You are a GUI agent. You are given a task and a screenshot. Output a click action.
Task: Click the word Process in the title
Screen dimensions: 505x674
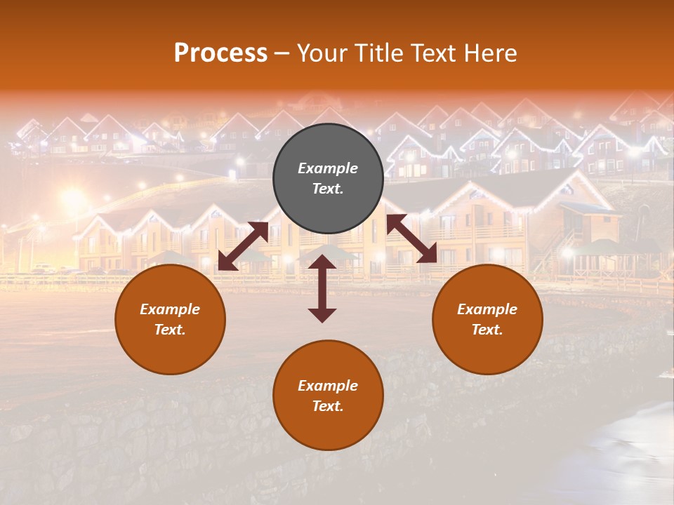point(220,53)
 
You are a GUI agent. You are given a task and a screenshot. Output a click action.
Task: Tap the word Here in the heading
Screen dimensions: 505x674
point(490,53)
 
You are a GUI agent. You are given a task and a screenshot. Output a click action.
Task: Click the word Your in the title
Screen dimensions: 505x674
point(322,53)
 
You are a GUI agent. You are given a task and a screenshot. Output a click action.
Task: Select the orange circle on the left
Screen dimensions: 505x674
point(170,344)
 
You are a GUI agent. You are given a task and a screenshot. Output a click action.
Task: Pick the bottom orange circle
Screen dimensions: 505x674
point(328,421)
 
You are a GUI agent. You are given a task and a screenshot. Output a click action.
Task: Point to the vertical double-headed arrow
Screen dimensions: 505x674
point(322,288)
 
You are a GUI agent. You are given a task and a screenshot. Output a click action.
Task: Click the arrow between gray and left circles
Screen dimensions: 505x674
point(243,246)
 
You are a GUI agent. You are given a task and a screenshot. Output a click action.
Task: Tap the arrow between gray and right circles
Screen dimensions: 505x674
point(411,238)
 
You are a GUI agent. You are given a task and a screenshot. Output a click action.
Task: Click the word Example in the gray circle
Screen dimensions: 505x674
point(328,168)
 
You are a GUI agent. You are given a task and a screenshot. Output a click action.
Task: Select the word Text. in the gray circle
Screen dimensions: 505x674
point(328,189)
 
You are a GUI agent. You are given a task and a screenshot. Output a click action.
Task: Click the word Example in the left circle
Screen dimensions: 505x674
point(170,309)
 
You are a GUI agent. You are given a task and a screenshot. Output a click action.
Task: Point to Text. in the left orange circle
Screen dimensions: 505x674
point(170,330)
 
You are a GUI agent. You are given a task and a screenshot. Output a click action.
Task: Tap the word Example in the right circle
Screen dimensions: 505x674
point(487,309)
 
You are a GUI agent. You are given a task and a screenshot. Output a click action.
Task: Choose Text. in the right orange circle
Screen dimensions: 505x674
point(487,330)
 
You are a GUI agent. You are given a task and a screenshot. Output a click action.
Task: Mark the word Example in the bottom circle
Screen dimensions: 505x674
point(328,386)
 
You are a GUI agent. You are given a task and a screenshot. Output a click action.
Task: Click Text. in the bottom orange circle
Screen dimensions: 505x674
point(328,406)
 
